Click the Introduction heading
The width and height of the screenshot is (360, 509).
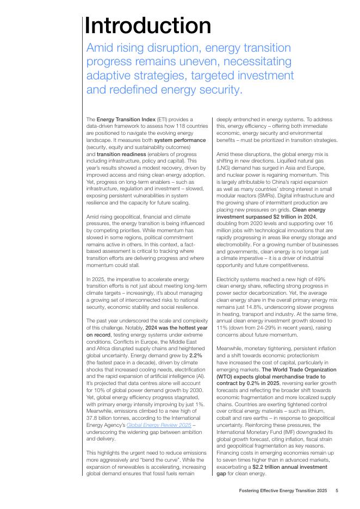coord(148,26)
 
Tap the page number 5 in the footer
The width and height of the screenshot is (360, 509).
coord(337,491)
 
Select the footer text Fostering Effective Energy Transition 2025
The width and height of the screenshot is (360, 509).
coord(283,491)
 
